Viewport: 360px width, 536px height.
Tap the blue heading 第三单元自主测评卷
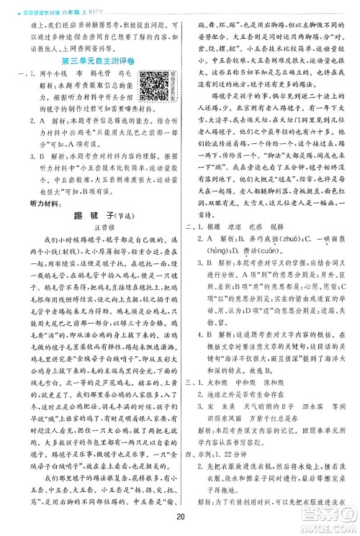pos(91,59)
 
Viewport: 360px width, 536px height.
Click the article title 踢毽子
pos(91,256)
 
